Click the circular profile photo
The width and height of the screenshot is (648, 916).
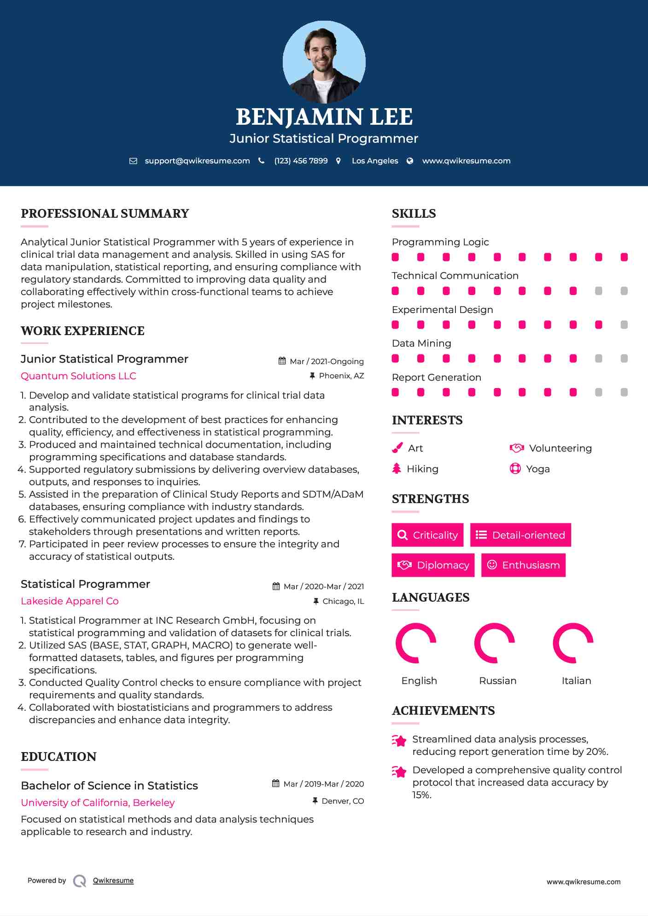pyautogui.click(x=324, y=62)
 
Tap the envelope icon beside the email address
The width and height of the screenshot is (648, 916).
pyautogui.click(x=133, y=161)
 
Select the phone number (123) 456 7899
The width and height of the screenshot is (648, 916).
pyautogui.click(x=301, y=161)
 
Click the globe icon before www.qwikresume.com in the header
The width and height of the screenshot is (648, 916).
pyautogui.click(x=410, y=161)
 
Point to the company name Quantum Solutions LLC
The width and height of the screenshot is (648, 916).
pyautogui.click(x=78, y=376)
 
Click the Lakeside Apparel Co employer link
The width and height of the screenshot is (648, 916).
pyautogui.click(x=70, y=601)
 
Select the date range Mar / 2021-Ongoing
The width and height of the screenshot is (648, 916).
pyautogui.click(x=327, y=362)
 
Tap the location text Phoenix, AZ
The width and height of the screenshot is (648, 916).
pyautogui.click(x=341, y=376)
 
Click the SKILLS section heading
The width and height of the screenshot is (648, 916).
pyautogui.click(x=414, y=214)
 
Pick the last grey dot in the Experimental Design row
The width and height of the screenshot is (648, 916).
pyautogui.click(x=624, y=325)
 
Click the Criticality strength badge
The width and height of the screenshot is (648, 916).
pyautogui.click(x=427, y=535)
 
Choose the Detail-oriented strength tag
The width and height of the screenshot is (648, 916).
pyautogui.click(x=520, y=535)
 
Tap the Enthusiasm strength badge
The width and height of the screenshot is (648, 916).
pyautogui.click(x=523, y=565)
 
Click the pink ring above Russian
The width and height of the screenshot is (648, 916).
pyautogui.click(x=494, y=643)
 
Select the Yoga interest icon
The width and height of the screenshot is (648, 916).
pyautogui.click(x=515, y=469)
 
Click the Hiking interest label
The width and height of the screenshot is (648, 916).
pyautogui.click(x=422, y=469)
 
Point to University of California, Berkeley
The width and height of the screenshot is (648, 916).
pyautogui.click(x=98, y=803)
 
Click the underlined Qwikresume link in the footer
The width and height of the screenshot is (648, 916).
pyautogui.click(x=113, y=881)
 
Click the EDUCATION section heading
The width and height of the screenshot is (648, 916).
pyautogui.click(x=58, y=757)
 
